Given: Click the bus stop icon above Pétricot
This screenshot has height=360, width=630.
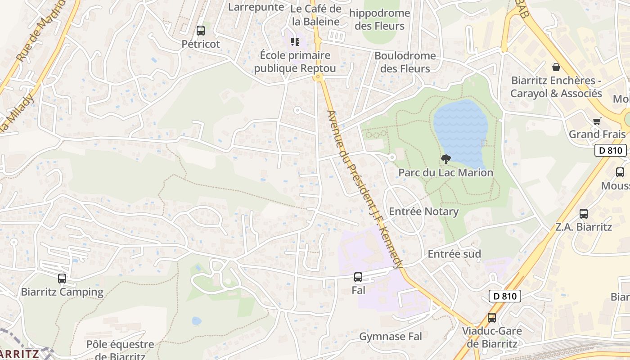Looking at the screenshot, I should click(x=201, y=31).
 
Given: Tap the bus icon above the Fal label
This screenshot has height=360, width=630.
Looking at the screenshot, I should click(x=358, y=277).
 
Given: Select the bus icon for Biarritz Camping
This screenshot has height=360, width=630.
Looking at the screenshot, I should click(x=62, y=279).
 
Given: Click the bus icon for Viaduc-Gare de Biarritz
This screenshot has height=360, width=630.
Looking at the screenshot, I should click(x=492, y=318).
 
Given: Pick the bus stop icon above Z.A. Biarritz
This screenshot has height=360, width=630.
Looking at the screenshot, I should click(x=584, y=214).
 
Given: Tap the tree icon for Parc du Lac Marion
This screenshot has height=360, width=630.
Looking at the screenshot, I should click(x=446, y=159).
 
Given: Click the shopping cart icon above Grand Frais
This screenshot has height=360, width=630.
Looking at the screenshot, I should click(x=597, y=121).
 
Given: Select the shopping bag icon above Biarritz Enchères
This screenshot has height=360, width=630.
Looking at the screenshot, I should click(x=556, y=67).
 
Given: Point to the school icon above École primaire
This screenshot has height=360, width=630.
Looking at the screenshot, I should click(x=295, y=42).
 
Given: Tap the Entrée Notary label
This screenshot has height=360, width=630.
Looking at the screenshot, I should click(x=423, y=211).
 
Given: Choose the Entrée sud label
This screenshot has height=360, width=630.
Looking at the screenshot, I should click(x=454, y=254).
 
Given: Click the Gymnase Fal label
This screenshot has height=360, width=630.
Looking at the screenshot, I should click(x=391, y=336).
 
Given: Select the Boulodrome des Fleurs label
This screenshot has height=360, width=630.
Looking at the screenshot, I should click(x=405, y=62).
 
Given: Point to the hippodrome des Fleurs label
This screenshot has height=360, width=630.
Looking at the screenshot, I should click(x=380, y=19).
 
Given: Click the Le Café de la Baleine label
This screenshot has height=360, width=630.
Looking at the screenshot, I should click(x=316, y=15).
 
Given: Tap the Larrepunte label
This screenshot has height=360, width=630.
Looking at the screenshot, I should click(x=256, y=7).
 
